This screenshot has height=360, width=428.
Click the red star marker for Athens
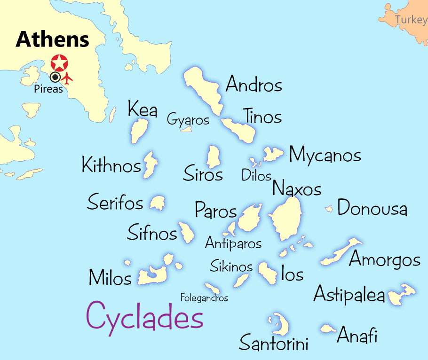[60, 63]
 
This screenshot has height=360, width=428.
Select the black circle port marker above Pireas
[55, 77]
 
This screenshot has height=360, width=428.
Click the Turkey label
[411, 20]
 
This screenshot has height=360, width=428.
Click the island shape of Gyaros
[187, 129]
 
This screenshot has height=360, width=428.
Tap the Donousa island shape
[329, 208]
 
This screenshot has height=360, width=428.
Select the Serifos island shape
[157, 203]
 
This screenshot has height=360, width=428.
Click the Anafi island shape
[328, 329]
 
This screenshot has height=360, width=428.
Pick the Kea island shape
[139, 130]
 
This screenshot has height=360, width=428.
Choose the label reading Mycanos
[325, 155]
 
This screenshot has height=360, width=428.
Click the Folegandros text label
[204, 298]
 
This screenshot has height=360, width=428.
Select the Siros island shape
[214, 157]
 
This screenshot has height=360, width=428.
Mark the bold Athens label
[53, 39]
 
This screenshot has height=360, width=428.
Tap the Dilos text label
[256, 175]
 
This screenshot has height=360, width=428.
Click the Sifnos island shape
[186, 232]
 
